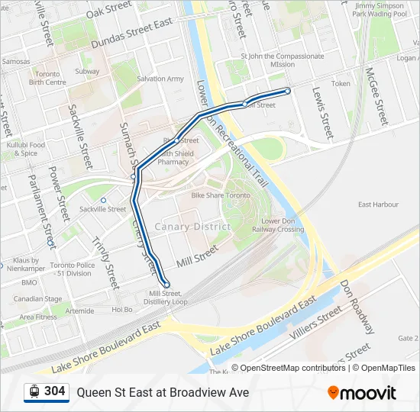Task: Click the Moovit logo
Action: coord(362,393)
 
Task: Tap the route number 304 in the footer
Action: coord(54,391)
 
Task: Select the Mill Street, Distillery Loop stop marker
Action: coord(167,285)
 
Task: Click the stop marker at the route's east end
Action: coord(288,91)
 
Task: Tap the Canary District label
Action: coord(192,227)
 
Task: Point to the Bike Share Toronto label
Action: coord(221,195)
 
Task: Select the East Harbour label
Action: coord(378,204)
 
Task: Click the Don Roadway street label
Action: coord(357,305)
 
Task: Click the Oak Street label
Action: coord(108,10)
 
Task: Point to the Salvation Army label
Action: coord(160,79)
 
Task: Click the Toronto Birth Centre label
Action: coord(47,79)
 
